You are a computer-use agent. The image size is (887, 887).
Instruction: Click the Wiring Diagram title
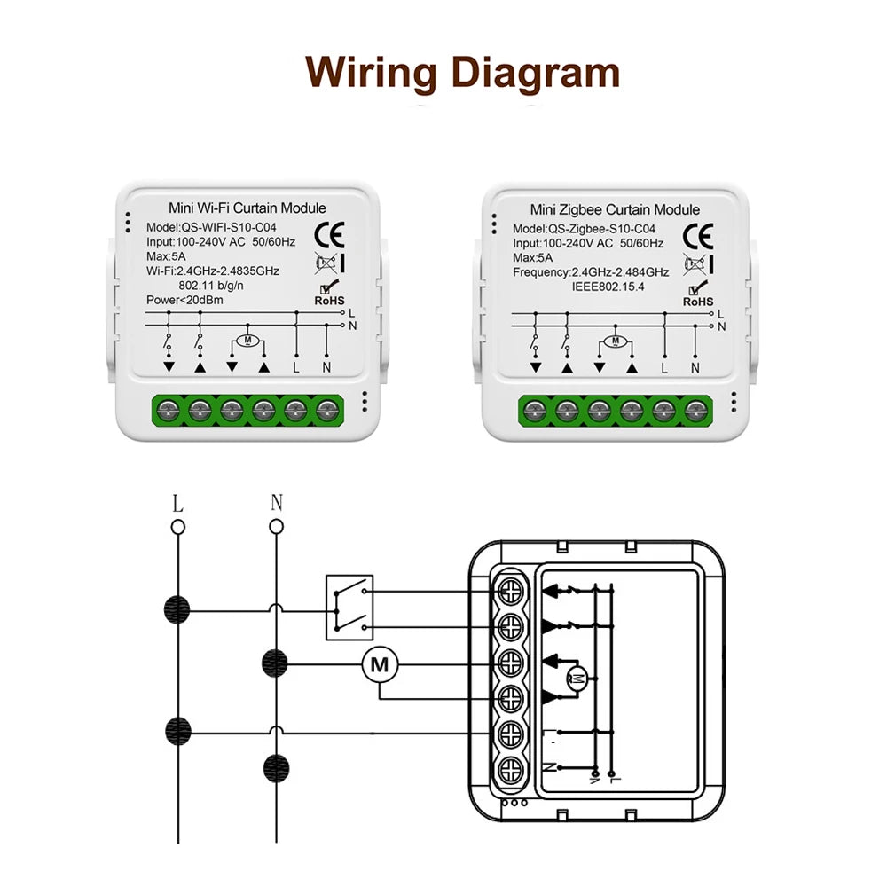pyautogui.click(x=462, y=72)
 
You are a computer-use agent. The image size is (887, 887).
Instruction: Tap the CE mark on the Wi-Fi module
pyautogui.click(x=336, y=234)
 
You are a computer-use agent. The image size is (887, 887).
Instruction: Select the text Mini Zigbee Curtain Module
pyautogui.click(x=614, y=210)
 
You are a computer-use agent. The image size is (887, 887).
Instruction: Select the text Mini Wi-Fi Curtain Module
pyautogui.click(x=240, y=208)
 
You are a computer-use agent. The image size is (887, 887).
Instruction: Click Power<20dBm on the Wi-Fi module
pyautogui.click(x=184, y=300)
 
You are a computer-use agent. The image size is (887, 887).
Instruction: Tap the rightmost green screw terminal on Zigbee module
pyautogui.click(x=694, y=409)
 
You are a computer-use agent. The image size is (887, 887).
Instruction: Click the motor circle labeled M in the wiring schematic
pyautogui.click(x=380, y=663)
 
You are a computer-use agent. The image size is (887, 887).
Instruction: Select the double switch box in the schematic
pyautogui.click(x=349, y=608)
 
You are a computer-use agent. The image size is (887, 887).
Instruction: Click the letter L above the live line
pyautogui.click(x=177, y=504)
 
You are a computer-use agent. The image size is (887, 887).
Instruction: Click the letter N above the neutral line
pyautogui.click(x=276, y=504)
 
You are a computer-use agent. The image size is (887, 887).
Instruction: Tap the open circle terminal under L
pyautogui.click(x=177, y=527)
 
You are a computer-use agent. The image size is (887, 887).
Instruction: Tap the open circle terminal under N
pyautogui.click(x=276, y=527)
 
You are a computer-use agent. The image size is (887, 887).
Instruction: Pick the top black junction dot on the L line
pyautogui.click(x=177, y=609)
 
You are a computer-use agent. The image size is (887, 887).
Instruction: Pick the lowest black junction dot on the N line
pyautogui.click(x=277, y=766)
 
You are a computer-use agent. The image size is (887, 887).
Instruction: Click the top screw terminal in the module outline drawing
pyautogui.click(x=510, y=589)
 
